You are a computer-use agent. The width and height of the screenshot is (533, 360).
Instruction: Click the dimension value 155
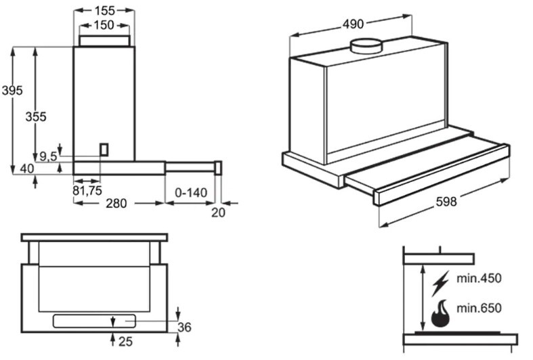(x=104, y=9)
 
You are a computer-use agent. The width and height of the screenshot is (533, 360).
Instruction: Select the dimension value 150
(x=104, y=25)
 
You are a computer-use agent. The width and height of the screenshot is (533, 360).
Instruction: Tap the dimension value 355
(x=36, y=116)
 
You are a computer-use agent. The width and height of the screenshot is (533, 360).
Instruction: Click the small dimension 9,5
(x=48, y=156)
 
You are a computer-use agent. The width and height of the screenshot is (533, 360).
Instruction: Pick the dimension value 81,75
(x=87, y=191)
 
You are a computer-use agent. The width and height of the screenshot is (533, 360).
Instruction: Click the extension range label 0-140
(x=190, y=193)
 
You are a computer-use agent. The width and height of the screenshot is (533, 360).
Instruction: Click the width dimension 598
(x=446, y=202)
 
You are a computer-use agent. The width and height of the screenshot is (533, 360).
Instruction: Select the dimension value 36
(x=184, y=328)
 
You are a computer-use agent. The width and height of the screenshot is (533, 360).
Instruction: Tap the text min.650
(x=479, y=309)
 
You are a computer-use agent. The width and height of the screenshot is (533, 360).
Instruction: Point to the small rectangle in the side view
(x=104, y=150)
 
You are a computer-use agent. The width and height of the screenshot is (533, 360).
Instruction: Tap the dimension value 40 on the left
(x=27, y=168)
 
